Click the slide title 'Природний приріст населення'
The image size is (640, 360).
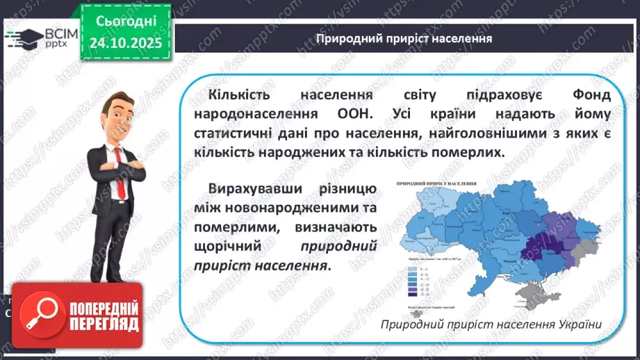click(x=404, y=38)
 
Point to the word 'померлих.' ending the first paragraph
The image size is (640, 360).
click(x=465, y=152)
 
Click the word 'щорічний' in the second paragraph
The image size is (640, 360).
click(x=224, y=247)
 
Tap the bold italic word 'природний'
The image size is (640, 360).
click(x=338, y=247)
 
